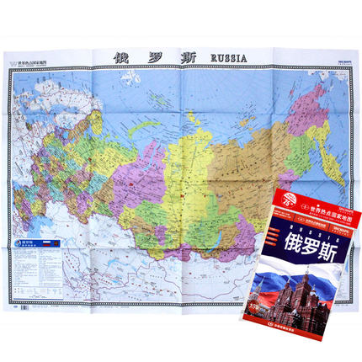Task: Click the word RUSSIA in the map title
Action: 221,58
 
